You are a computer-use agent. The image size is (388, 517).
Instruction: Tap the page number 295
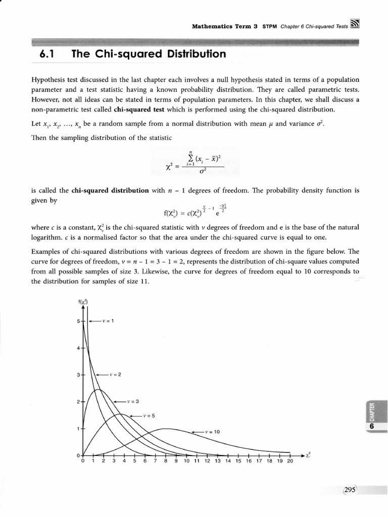pyautogui.click(x=350, y=490)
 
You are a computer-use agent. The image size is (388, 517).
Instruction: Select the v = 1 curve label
pyautogui.click(x=109, y=320)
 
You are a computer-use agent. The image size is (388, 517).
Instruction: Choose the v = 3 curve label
pyautogui.click(x=133, y=401)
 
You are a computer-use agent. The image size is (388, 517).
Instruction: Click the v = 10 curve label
pyautogui.click(x=213, y=432)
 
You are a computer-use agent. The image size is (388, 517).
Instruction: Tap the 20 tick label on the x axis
pyautogui.click(x=289, y=461)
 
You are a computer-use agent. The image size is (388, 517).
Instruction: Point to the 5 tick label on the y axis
pyautogui.click(x=78, y=321)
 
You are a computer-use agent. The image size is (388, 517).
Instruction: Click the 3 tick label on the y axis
pyautogui.click(x=78, y=375)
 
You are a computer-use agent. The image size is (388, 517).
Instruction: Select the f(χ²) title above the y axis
pyautogui.click(x=84, y=302)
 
